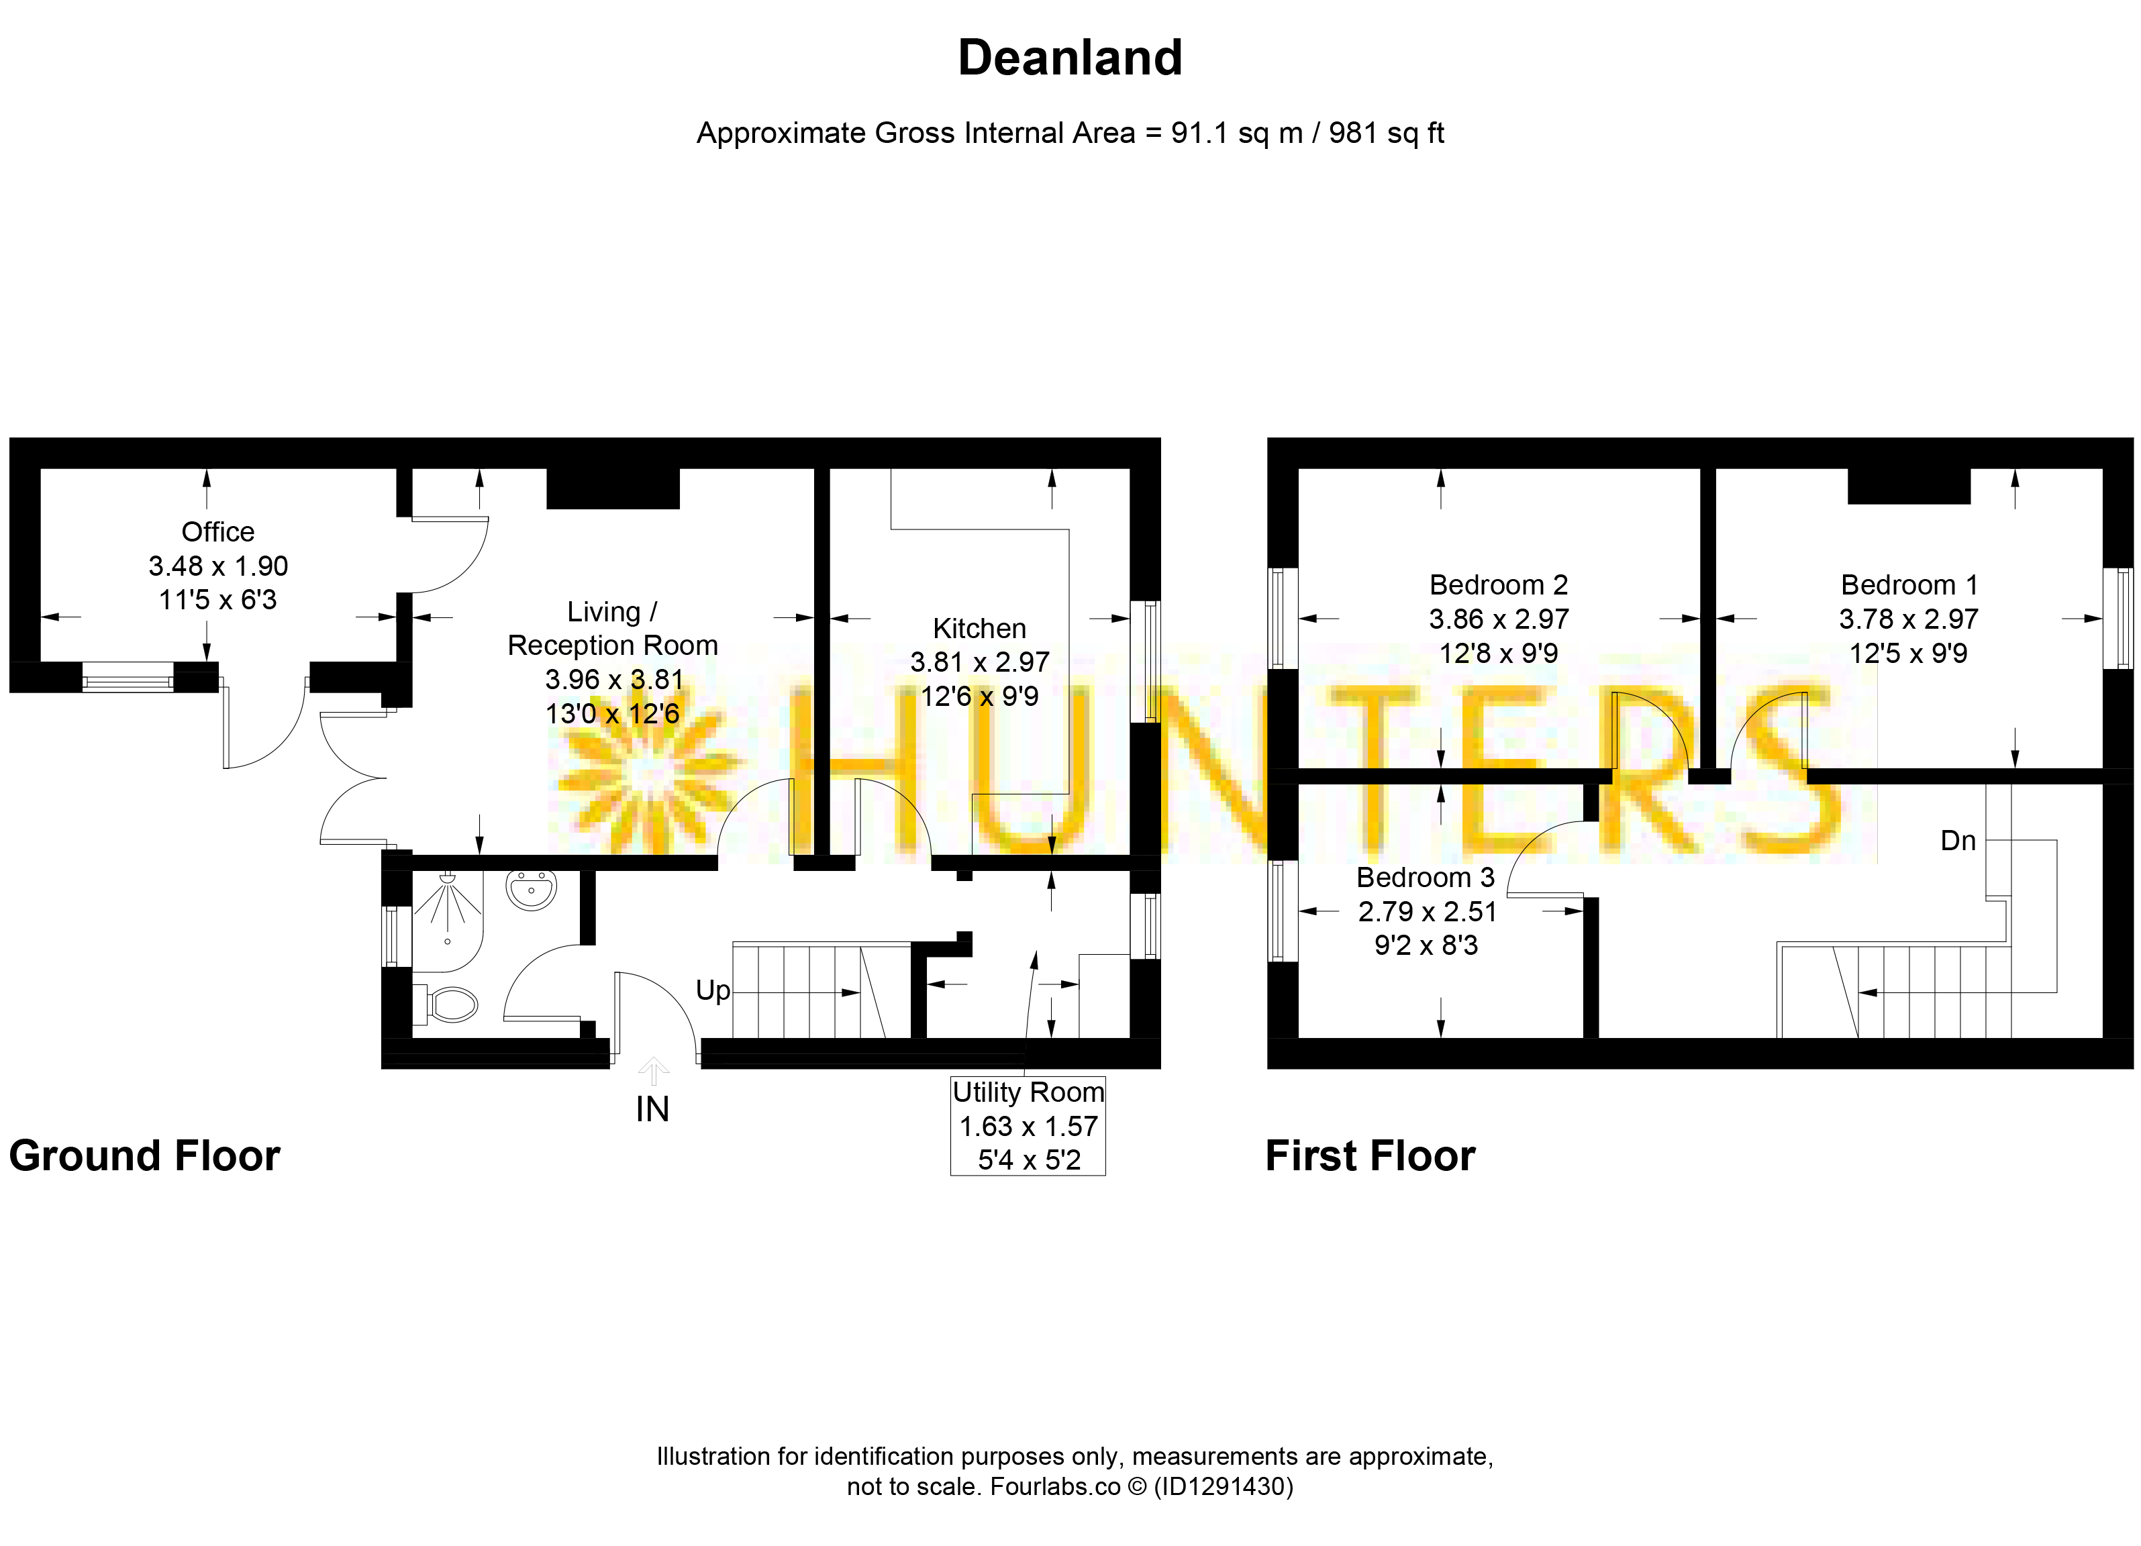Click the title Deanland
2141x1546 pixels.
(x=1070, y=58)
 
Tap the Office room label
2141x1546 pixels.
(x=218, y=532)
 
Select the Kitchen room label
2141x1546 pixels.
(x=979, y=629)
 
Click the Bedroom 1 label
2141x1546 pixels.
(x=1909, y=585)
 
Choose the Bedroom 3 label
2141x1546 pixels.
(x=1426, y=878)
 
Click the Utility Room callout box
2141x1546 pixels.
(x=1028, y=1126)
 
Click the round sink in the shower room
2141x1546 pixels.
(x=532, y=888)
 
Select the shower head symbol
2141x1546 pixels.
(x=448, y=878)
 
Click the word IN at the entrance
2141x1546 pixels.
(x=652, y=1110)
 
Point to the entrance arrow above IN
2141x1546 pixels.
(x=653, y=1071)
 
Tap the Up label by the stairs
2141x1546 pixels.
(x=713, y=991)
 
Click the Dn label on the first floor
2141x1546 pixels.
(x=1958, y=841)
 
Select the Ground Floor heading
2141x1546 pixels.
(x=144, y=1156)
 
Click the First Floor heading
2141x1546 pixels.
(x=1370, y=1156)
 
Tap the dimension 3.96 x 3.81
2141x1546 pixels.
(x=613, y=680)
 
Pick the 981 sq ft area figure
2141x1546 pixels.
(x=1386, y=133)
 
